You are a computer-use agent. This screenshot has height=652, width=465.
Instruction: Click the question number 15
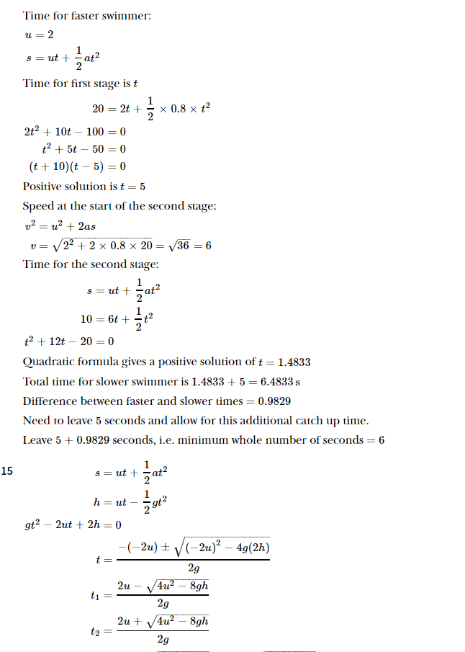tap(8, 473)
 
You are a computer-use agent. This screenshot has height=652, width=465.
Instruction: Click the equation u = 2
tap(39, 34)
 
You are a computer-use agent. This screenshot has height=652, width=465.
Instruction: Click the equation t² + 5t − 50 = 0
tap(84, 149)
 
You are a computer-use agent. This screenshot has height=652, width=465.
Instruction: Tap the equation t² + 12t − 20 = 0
tap(69, 341)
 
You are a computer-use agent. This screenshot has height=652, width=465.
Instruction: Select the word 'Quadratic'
tap(47, 362)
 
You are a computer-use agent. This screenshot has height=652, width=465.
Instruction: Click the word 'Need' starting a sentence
tap(36, 420)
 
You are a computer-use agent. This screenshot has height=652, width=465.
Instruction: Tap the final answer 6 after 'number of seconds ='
tap(381, 439)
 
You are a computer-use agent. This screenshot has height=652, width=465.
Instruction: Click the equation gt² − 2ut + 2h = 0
tap(73, 524)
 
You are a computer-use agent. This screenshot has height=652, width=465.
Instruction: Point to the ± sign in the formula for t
tap(163, 548)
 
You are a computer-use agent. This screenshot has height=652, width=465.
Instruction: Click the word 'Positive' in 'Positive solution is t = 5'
tap(44, 186)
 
